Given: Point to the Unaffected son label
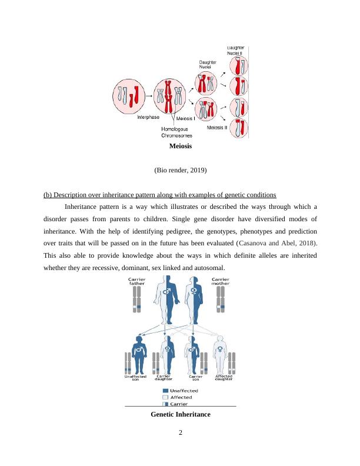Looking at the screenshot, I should tap(135, 378).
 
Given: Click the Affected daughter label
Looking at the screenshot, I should tap(224, 378).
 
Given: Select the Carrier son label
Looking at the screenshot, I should tap(196, 378).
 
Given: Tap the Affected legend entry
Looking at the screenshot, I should tap(181, 398).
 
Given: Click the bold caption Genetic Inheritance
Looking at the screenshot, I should tap(181, 415).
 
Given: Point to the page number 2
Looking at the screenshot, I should tap(181, 434).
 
